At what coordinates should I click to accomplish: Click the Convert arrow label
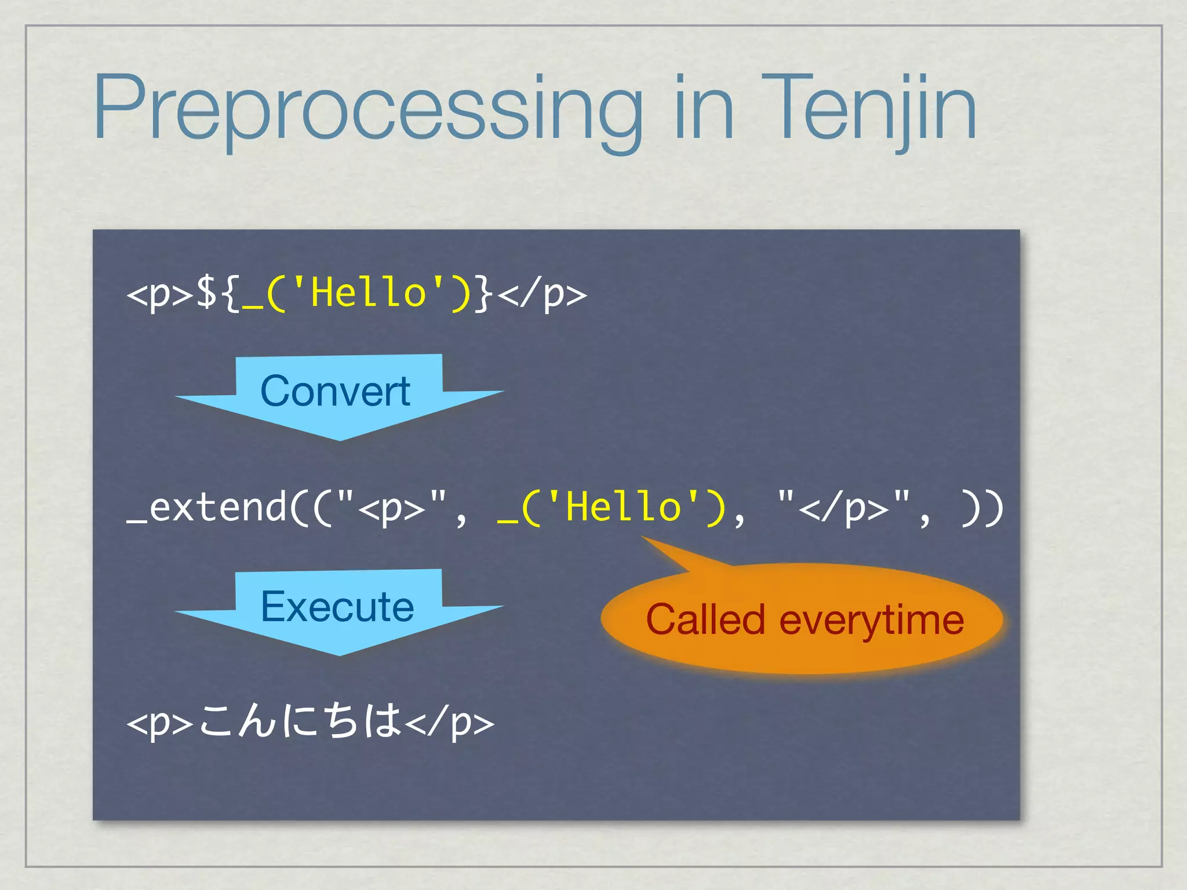point(336,391)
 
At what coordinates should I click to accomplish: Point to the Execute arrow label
point(337,607)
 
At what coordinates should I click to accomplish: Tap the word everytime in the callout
point(872,620)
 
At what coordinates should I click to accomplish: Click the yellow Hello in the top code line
point(368,293)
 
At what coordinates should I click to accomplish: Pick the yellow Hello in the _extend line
point(622,508)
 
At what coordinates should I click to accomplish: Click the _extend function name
point(206,508)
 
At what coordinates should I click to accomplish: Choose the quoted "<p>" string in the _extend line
point(391,508)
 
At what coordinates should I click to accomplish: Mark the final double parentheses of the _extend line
point(982,508)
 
